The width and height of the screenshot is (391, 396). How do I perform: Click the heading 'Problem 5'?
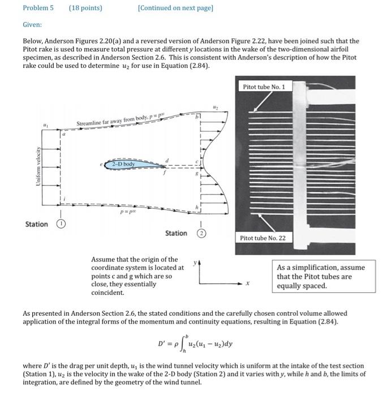pyautogui.click(x=38, y=8)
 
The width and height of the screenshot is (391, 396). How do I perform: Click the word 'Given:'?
pyautogui.click(x=32, y=25)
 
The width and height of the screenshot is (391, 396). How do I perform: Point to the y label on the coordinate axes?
pyautogui.click(x=196, y=263)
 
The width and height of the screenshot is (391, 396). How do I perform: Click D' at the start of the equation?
pyautogui.click(x=162, y=342)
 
